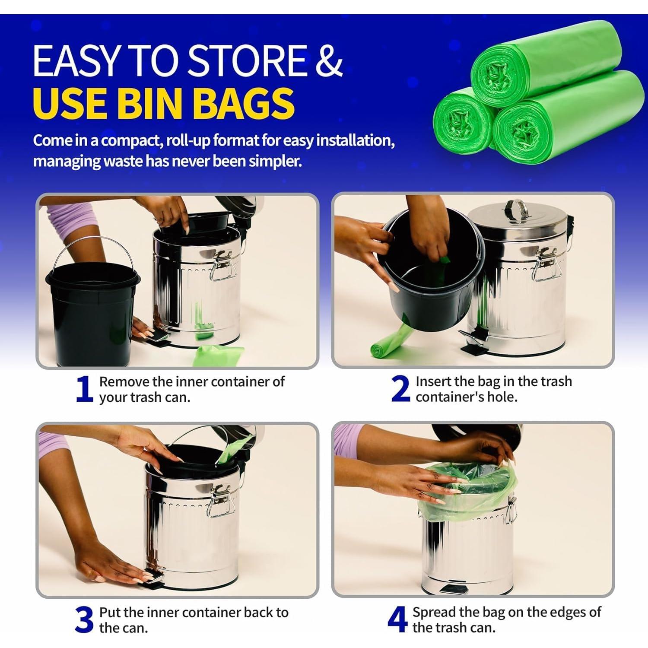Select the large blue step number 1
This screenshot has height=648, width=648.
pos(85,389)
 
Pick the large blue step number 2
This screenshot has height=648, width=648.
pos(400,389)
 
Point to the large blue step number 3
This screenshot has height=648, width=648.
pos(84,619)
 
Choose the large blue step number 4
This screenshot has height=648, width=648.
pos(397,619)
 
